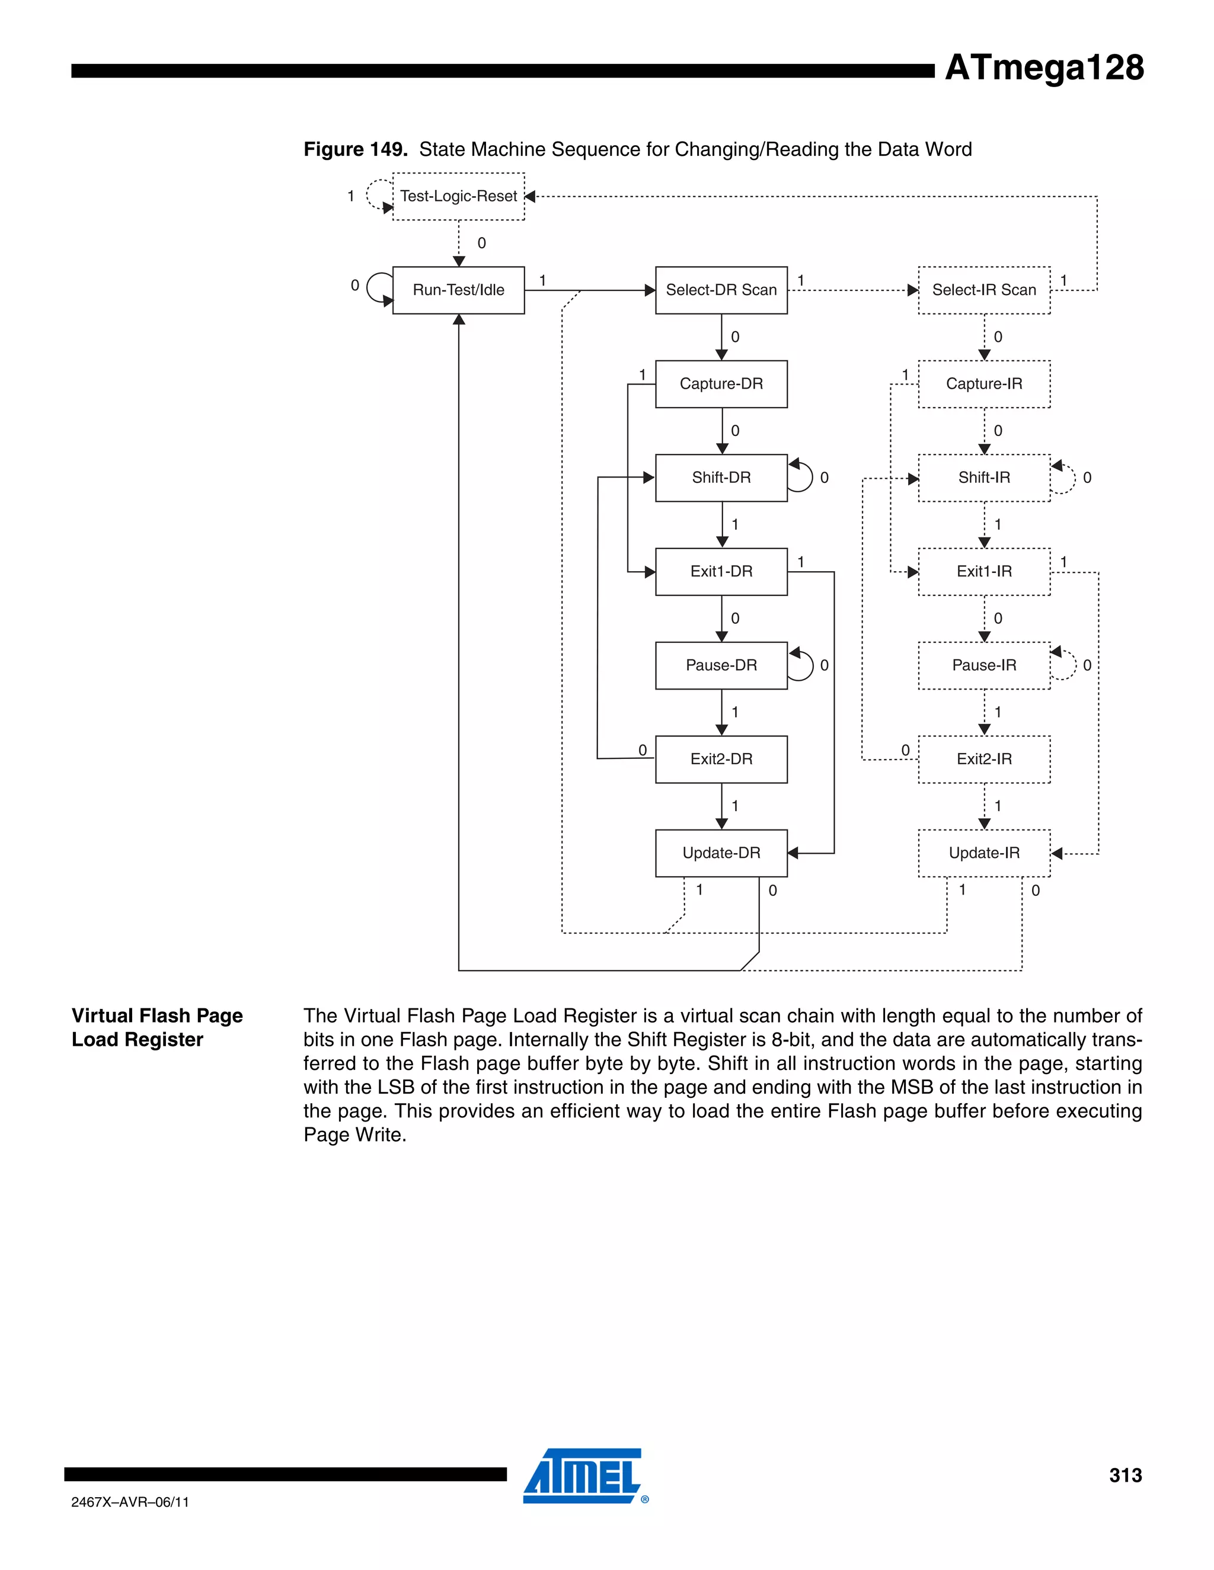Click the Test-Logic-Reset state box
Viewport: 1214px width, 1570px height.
pyautogui.click(x=458, y=196)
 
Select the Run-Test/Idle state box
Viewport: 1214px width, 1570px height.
pyautogui.click(x=458, y=290)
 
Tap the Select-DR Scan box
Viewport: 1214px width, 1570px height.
pyautogui.click(x=721, y=290)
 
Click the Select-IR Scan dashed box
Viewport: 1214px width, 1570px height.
pyautogui.click(x=984, y=290)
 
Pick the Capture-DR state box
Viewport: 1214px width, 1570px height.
pyautogui.click(x=721, y=384)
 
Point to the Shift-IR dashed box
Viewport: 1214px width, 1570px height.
pyautogui.click(x=984, y=478)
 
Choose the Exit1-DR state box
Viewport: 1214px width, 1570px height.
pyautogui.click(x=721, y=572)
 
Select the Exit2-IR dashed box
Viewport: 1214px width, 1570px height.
pyautogui.click(x=984, y=759)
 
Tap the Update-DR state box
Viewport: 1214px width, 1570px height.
pyautogui.click(x=721, y=853)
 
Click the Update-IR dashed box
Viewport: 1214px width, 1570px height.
pyautogui.click(x=984, y=853)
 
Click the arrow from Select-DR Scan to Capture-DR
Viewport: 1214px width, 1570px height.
pyautogui.click(x=721, y=337)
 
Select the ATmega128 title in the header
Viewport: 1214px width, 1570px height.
pyautogui.click(x=1043, y=68)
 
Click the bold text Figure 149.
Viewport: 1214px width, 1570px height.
pyautogui.click(x=355, y=149)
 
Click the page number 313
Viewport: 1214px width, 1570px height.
pyautogui.click(x=1125, y=1475)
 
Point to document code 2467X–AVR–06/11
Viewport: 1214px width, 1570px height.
pyautogui.click(x=130, y=1502)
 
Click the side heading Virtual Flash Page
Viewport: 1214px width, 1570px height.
pyautogui.click(x=156, y=1015)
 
